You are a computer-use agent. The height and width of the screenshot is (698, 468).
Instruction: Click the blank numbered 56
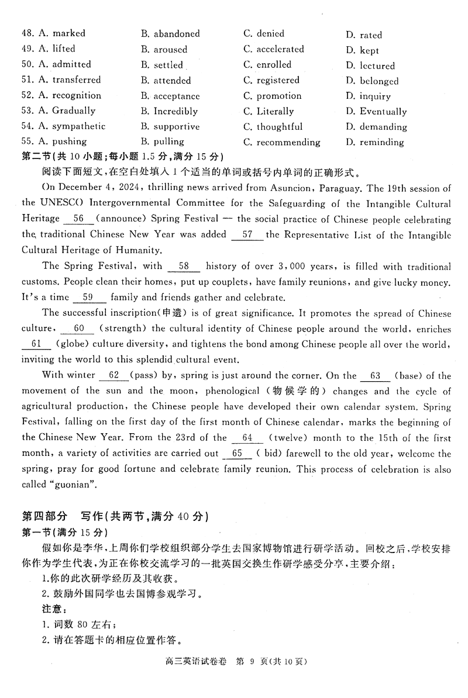tap(80, 219)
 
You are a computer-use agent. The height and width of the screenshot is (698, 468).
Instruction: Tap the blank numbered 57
tap(247, 234)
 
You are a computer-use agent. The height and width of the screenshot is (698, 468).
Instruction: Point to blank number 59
tap(88, 297)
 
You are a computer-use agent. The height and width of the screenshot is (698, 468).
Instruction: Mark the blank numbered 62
tap(113, 375)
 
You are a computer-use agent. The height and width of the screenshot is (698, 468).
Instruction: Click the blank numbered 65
tap(237, 454)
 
